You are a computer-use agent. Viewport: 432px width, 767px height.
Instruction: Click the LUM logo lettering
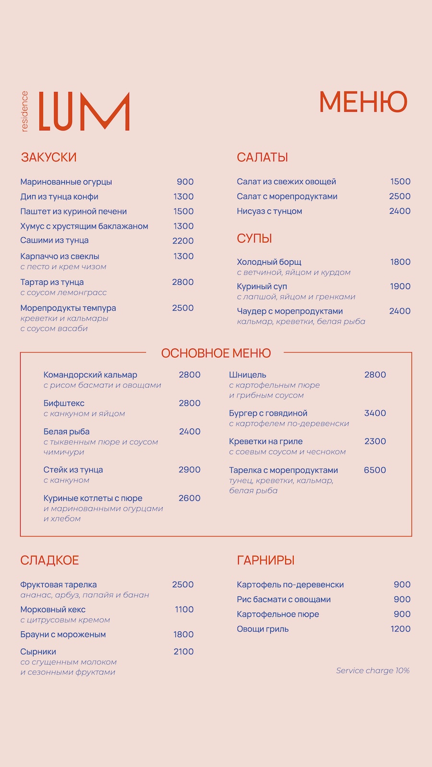84,111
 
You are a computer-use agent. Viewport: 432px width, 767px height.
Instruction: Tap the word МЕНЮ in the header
363,102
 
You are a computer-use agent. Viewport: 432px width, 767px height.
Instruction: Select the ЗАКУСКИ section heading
48,157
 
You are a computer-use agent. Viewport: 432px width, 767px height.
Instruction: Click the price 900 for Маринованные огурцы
185,182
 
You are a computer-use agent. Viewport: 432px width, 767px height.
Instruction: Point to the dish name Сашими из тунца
54,240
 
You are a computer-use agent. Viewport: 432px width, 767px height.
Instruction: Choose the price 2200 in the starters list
183,241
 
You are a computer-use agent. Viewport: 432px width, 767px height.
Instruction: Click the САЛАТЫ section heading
262,157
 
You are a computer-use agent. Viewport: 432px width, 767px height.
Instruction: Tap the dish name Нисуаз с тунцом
269,211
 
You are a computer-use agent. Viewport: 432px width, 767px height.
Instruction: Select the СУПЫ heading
254,238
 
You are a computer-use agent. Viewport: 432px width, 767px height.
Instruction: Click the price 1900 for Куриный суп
400,286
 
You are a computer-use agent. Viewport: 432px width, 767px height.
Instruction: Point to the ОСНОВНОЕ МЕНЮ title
216,353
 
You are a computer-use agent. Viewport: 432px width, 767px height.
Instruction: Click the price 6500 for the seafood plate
375,470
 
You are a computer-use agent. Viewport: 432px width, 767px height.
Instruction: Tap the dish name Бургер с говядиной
268,413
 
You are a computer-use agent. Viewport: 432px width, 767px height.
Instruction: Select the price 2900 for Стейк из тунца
189,470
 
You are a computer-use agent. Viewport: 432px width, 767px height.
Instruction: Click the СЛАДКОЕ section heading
49,560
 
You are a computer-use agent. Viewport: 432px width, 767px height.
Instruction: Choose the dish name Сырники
38,651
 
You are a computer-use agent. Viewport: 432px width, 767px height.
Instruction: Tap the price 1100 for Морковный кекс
184,609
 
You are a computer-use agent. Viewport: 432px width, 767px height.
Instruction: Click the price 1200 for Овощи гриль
400,629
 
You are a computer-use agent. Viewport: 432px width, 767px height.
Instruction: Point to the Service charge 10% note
372,671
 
